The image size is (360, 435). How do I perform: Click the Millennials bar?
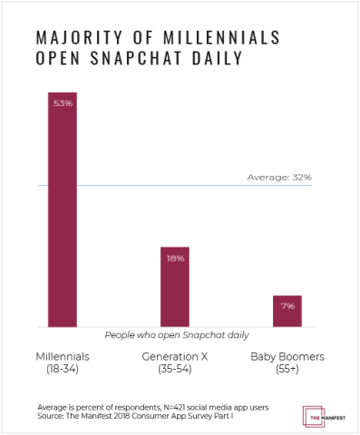[63, 208]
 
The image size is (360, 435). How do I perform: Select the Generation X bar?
[175, 286]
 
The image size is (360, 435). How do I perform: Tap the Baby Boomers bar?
[287, 311]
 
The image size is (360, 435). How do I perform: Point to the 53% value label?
[63, 103]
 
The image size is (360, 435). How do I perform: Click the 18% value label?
[175, 258]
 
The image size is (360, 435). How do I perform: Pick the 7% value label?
[287, 306]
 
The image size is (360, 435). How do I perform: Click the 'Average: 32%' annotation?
[279, 178]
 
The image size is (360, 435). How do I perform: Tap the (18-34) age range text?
[63, 370]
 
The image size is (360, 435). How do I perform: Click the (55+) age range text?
[287, 370]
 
